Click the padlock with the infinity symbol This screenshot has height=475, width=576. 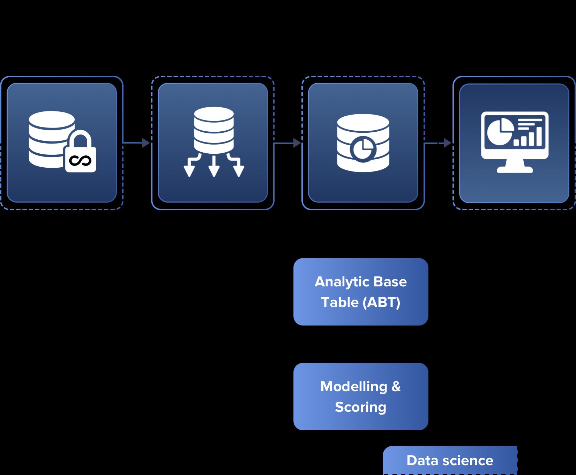tap(81, 154)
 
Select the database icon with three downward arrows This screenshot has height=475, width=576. tap(214, 141)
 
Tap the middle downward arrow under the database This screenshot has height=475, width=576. tap(214, 167)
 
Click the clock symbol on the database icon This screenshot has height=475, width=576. tap(363, 149)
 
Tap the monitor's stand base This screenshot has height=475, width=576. tap(515, 170)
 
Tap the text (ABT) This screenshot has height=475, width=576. tap(381, 302)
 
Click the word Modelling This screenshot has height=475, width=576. tap(354, 387)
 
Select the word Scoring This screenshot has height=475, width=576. tap(360, 407)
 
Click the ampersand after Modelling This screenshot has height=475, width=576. tap(396, 387)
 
